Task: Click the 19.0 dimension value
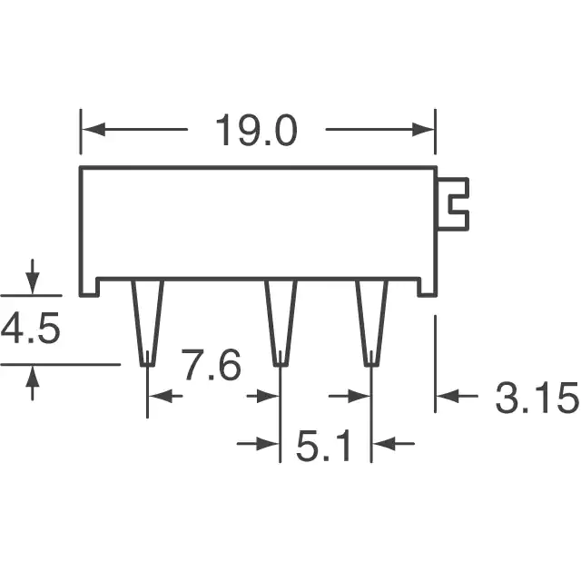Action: (256, 130)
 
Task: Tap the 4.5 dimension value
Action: (30, 329)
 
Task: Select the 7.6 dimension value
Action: (211, 365)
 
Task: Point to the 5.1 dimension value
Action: (323, 446)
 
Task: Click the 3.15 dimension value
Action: (537, 398)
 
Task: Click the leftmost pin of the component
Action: (147, 323)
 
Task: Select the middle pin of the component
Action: (281, 323)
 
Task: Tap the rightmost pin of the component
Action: (371, 323)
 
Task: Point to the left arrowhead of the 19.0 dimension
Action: (93, 129)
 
